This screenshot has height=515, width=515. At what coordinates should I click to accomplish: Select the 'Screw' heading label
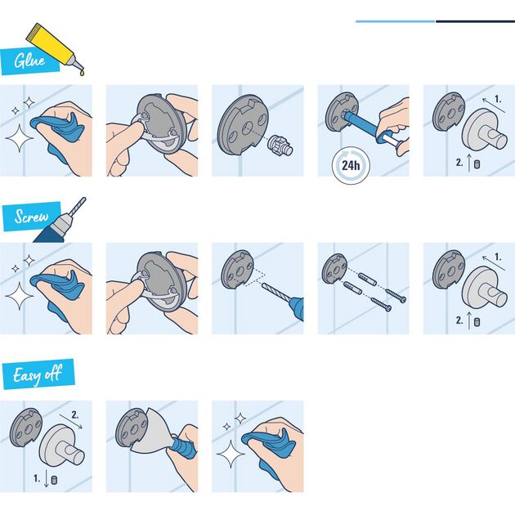(x=30, y=217)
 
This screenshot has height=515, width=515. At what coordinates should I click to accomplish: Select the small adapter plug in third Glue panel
(x=280, y=146)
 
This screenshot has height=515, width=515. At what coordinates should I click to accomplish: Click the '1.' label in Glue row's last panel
(x=498, y=101)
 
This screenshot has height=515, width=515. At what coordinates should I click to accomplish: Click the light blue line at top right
(x=396, y=21)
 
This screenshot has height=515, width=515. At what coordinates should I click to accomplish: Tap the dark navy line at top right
(x=475, y=21)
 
